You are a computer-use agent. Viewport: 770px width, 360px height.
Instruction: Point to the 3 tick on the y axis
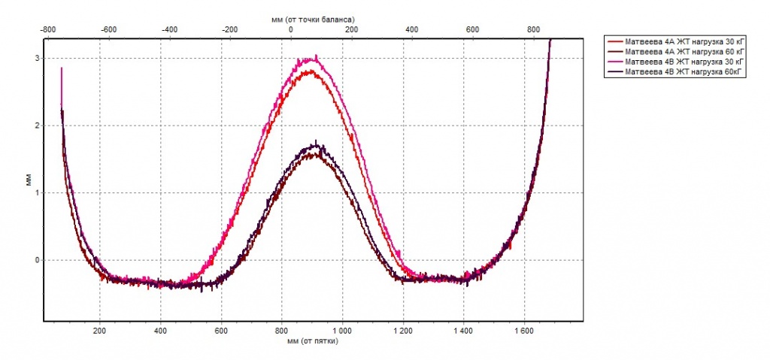(x=37, y=58)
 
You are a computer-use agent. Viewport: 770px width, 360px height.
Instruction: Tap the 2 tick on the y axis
(x=37, y=126)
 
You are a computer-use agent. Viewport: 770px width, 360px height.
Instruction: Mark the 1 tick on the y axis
(x=37, y=192)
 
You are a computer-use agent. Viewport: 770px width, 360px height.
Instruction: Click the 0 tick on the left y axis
(x=37, y=260)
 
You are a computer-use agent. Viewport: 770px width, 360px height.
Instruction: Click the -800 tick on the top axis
(x=47, y=29)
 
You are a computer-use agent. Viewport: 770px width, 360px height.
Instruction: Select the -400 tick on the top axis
(x=169, y=29)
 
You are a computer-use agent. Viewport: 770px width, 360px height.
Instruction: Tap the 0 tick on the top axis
(x=291, y=29)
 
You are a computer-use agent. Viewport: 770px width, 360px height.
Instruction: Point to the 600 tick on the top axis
(x=472, y=29)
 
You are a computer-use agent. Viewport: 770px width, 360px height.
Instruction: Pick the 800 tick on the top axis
(x=533, y=29)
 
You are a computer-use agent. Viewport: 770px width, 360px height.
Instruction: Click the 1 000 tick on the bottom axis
(x=342, y=330)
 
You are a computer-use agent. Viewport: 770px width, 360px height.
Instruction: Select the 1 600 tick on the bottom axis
(x=524, y=330)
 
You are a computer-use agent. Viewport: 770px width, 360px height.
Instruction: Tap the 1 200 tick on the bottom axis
(x=403, y=330)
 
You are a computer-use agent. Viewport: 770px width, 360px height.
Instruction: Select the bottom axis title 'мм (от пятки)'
(x=313, y=340)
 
